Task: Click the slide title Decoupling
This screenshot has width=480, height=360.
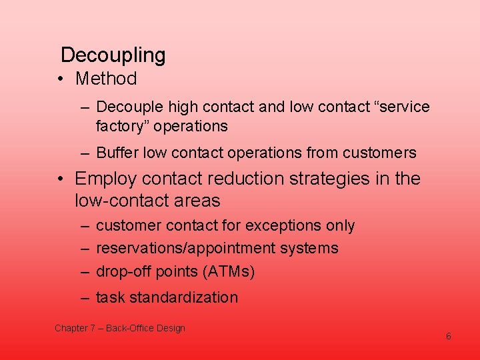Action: click(x=113, y=55)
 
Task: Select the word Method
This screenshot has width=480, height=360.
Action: click(x=106, y=79)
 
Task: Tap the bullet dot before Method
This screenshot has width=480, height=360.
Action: click(x=61, y=79)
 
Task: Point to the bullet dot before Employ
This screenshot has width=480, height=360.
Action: click(x=61, y=179)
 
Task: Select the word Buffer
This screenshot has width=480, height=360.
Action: click(x=119, y=153)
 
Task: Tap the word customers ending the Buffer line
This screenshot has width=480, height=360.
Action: click(x=379, y=153)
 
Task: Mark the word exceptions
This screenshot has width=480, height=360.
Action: click(x=281, y=226)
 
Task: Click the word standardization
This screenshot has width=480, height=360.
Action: click(x=184, y=297)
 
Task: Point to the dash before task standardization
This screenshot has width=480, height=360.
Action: click(x=85, y=297)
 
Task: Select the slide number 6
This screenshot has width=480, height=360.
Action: click(x=449, y=336)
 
